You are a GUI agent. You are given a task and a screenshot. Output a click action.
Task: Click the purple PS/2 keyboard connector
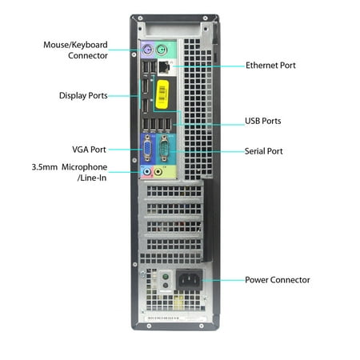147,50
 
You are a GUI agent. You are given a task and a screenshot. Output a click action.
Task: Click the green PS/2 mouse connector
162,50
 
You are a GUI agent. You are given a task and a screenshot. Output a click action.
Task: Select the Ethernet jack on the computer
164,67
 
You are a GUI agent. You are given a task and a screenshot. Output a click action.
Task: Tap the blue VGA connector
147,149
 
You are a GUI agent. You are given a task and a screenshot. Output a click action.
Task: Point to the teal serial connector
164,149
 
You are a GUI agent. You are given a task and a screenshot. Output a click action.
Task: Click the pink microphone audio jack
146,171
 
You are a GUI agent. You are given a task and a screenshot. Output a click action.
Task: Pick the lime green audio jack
158,171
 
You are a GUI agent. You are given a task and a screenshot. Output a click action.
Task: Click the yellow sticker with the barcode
162,94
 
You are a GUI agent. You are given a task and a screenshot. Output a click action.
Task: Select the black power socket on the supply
189,280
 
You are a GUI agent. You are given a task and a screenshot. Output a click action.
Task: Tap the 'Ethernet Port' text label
270,66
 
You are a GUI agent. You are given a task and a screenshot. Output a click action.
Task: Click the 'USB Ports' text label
263,121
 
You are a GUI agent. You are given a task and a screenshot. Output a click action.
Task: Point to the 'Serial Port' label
263,151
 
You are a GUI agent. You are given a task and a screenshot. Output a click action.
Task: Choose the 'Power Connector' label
278,280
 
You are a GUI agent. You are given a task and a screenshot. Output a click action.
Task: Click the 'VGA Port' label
89,150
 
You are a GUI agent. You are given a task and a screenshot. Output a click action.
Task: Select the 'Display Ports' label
83,95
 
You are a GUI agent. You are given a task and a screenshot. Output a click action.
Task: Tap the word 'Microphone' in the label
84,167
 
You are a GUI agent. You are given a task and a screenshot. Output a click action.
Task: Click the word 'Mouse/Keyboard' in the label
75,45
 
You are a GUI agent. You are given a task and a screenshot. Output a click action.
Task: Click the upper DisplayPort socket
145,86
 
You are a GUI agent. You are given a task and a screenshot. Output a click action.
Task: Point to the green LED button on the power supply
166,276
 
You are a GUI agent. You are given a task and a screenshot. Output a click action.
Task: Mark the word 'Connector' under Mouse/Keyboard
88,55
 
